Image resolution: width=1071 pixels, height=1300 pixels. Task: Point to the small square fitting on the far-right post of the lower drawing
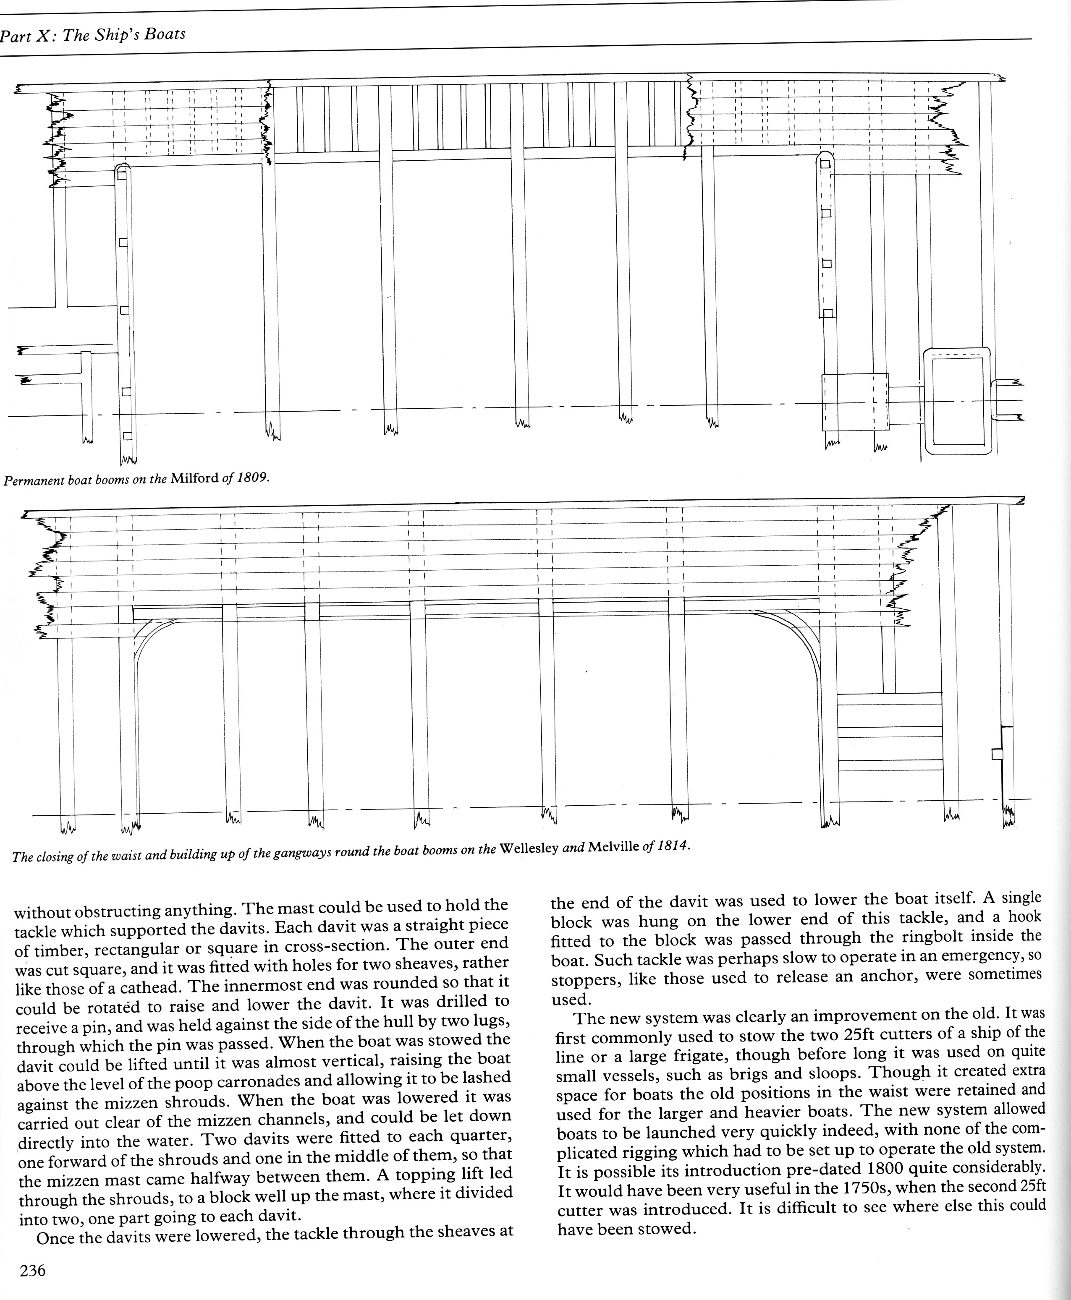coord(996,754)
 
